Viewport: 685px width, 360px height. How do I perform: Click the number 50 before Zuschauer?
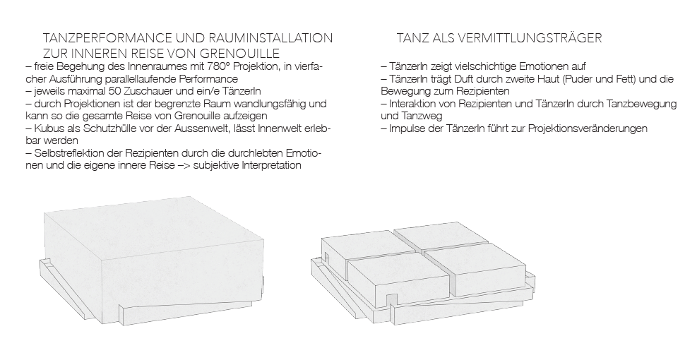(107, 90)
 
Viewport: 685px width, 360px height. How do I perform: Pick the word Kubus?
(46, 128)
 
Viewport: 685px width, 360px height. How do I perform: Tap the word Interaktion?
(416, 103)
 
